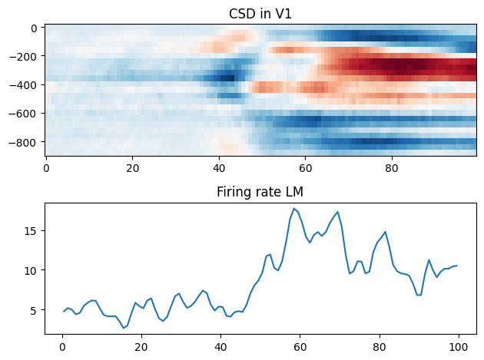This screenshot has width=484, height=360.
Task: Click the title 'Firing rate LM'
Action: point(260,192)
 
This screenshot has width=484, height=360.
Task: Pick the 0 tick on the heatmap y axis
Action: point(35,28)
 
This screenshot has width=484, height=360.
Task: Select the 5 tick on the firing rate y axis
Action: point(34,310)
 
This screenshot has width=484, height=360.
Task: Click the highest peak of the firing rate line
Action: point(293,208)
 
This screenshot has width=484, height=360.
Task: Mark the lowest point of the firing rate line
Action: point(123,329)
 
